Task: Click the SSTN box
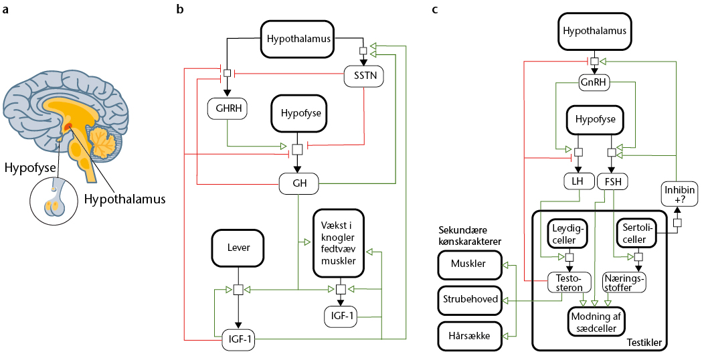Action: [x=364, y=76]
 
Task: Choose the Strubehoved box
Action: [x=470, y=299]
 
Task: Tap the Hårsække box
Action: [x=470, y=336]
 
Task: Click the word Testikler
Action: [x=644, y=343]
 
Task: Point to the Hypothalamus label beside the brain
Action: [x=125, y=199]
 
